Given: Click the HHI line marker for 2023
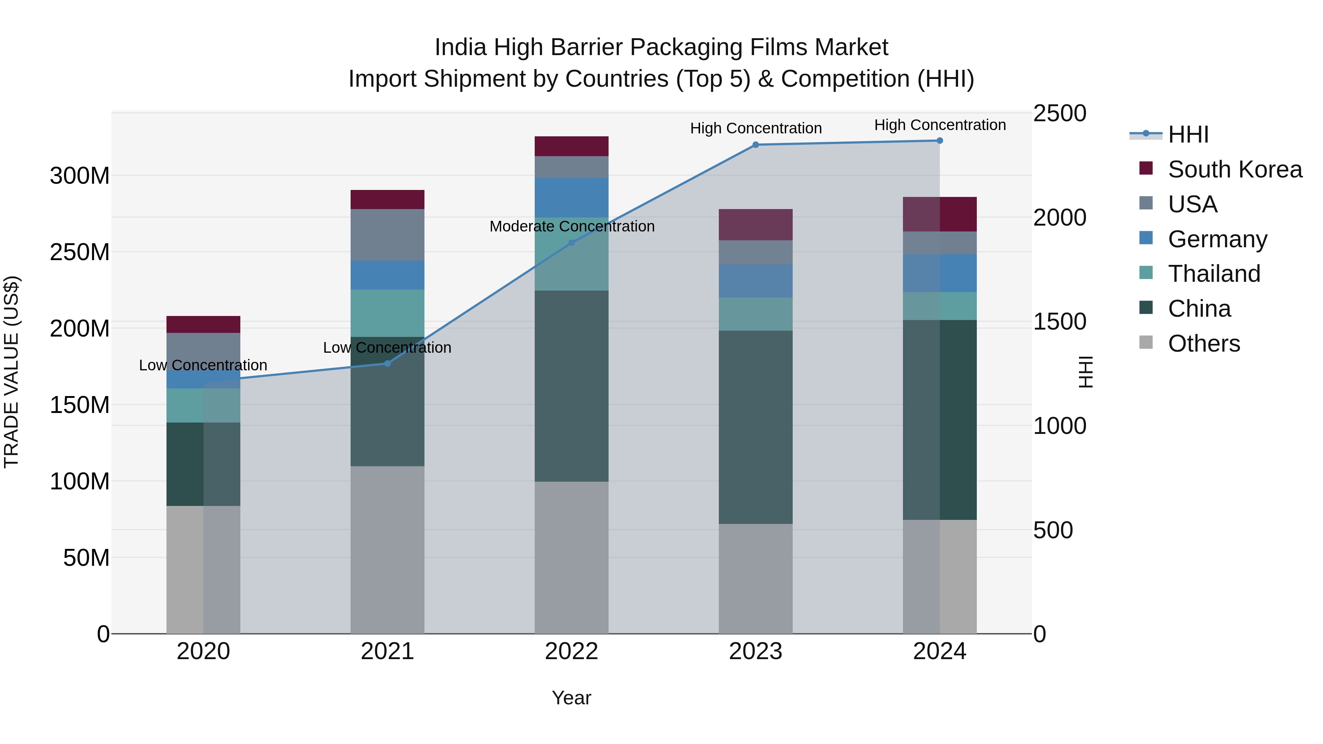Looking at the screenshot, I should [x=756, y=145].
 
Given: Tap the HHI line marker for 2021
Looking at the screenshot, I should [x=388, y=363].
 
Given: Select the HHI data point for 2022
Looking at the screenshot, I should [x=571, y=243].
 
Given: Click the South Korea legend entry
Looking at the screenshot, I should [x=1235, y=169].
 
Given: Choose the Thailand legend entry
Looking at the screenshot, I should [x=1214, y=274].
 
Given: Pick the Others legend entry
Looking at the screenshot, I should [x=1204, y=344].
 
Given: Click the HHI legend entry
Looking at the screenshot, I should [x=1188, y=134].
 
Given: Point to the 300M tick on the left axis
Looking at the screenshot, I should [x=80, y=176].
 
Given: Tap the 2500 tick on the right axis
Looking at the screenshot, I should [x=1060, y=114].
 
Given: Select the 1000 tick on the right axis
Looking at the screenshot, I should [x=1060, y=426].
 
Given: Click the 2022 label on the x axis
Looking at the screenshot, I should [x=571, y=651].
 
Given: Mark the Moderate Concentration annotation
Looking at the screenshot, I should [x=571, y=226].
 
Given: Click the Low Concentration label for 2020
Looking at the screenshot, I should [x=203, y=366].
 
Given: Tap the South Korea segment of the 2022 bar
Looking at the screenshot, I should [x=571, y=146].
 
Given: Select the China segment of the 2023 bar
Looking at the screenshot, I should [x=756, y=427].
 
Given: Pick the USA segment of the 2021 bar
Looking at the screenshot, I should [x=388, y=235].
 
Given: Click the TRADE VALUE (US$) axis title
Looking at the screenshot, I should [x=11, y=372].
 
